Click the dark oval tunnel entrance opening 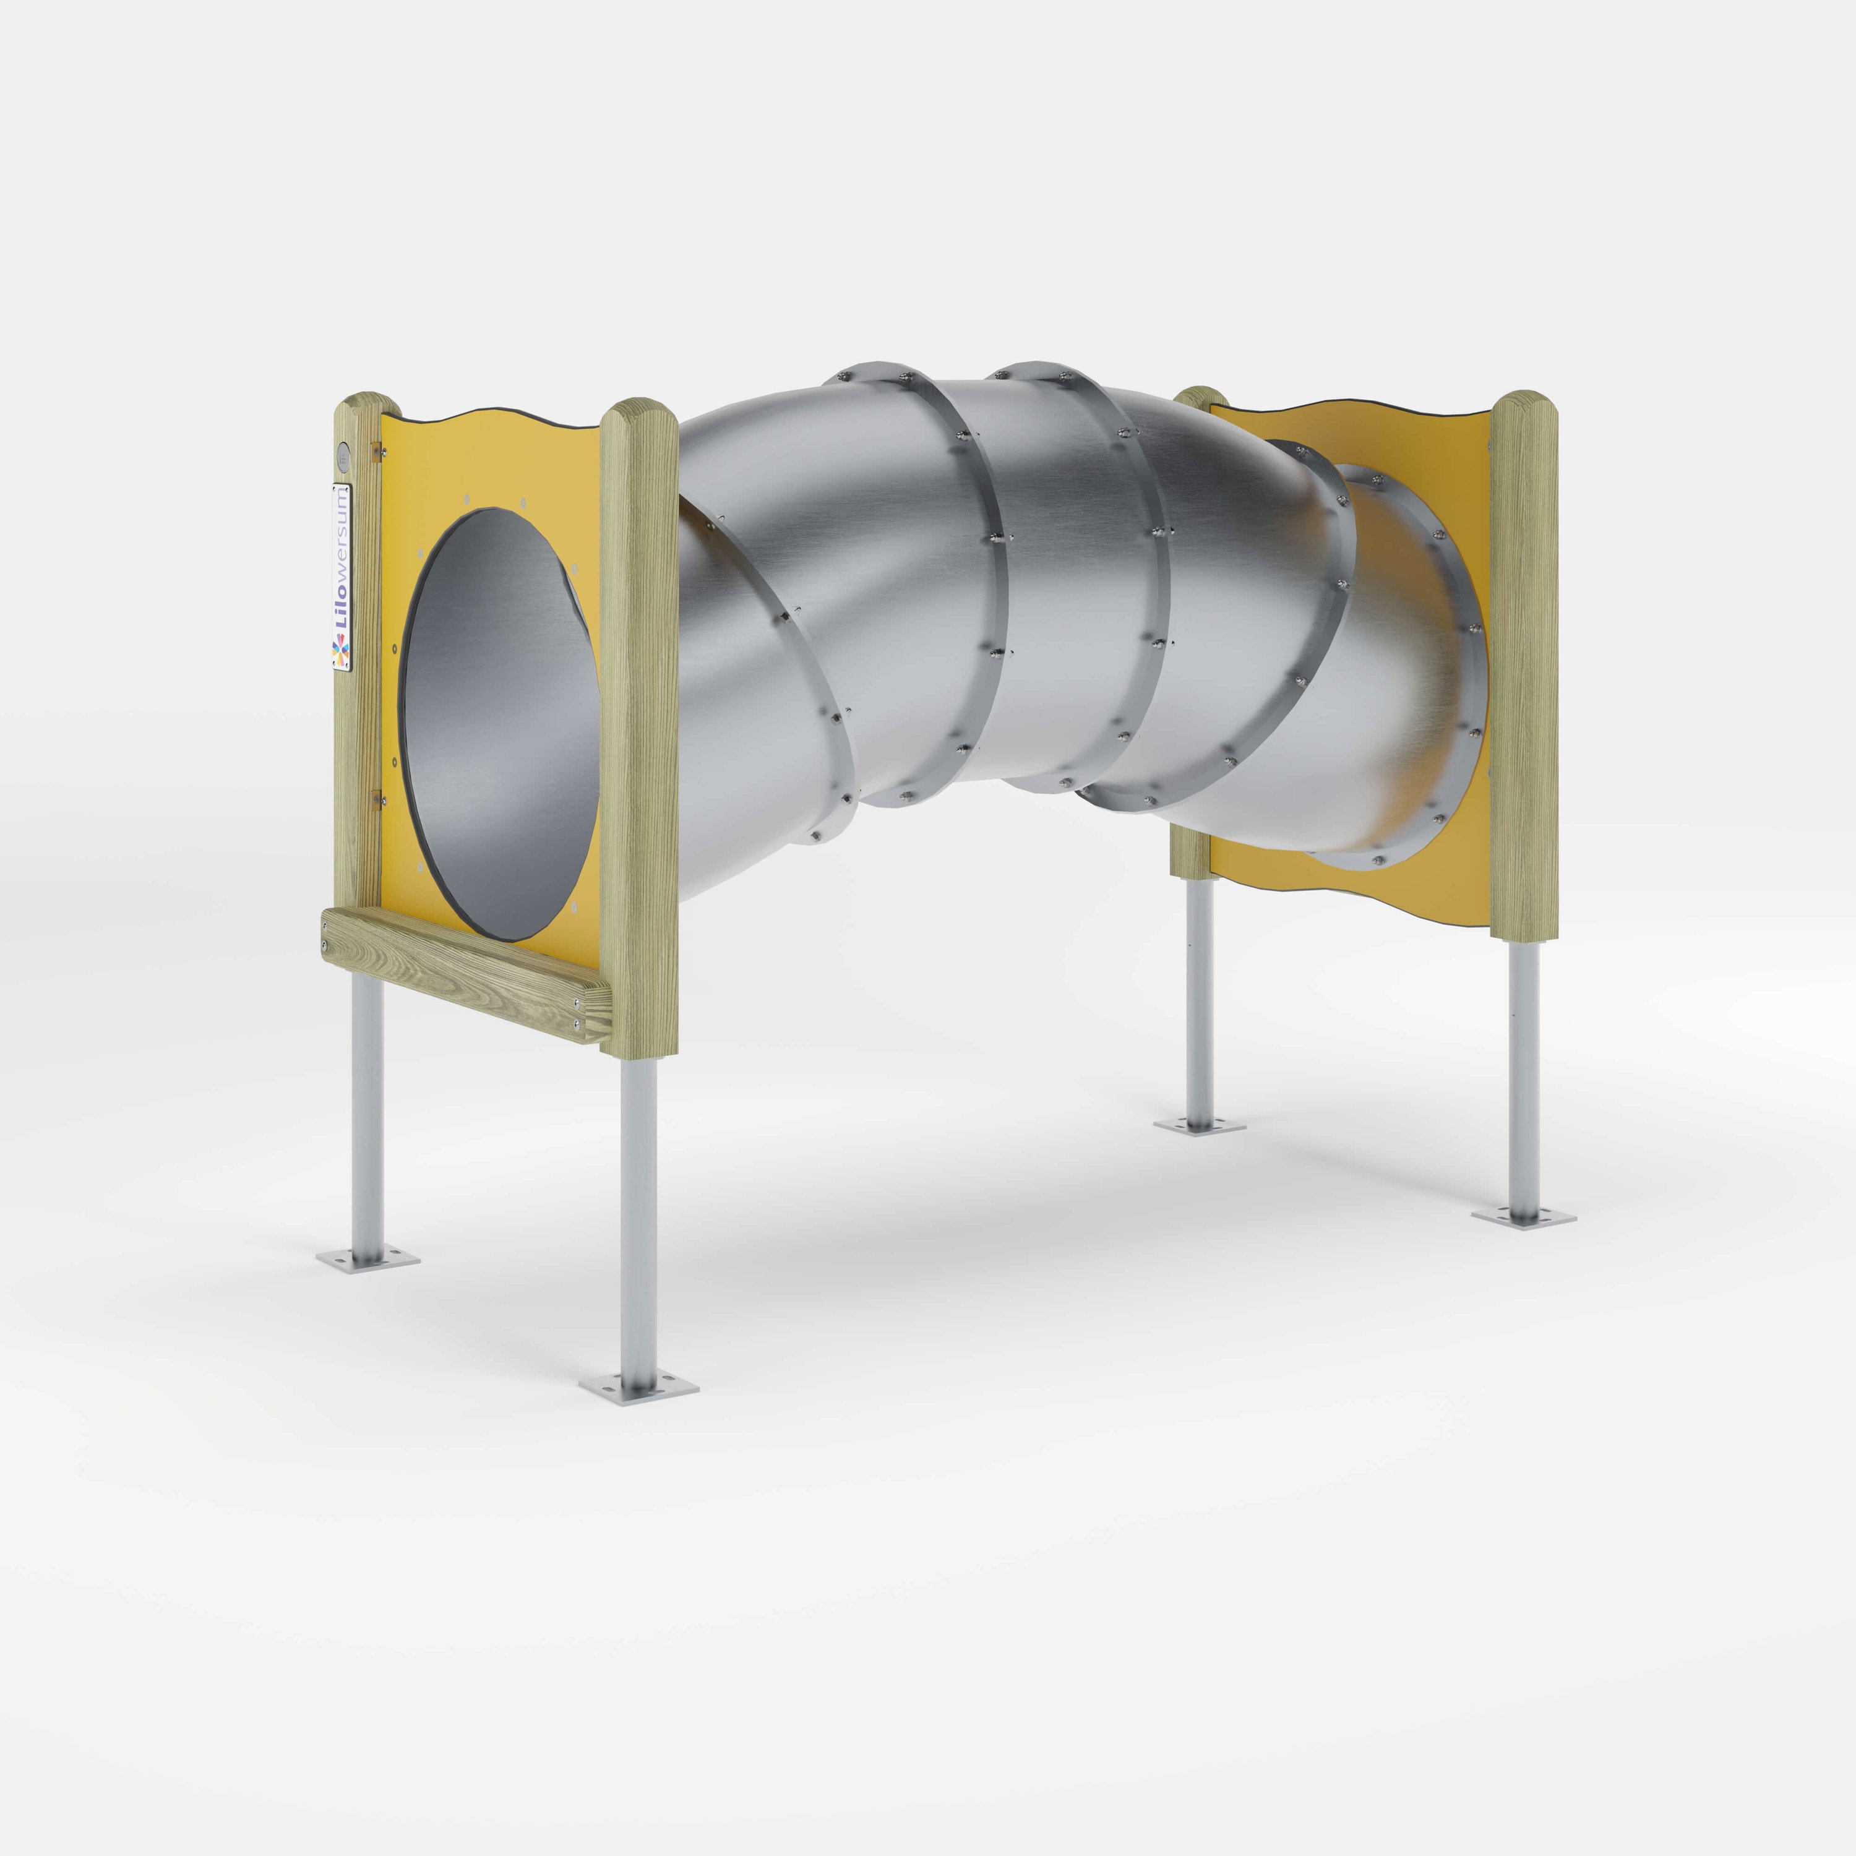pos(499,724)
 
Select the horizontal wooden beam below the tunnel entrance pos(466,973)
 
